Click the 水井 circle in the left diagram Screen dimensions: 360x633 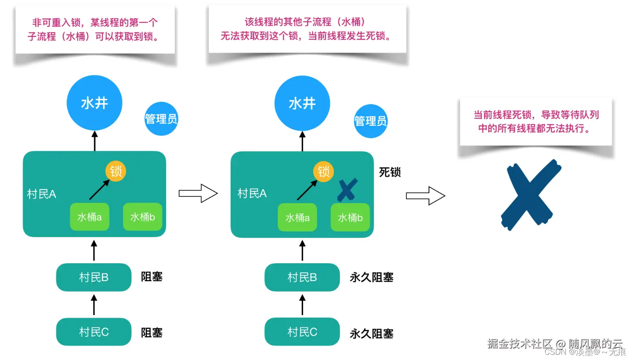click(94, 103)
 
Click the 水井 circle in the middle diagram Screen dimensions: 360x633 click(302, 103)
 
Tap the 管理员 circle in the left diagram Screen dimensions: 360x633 click(161, 119)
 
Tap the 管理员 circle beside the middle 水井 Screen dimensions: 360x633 click(371, 121)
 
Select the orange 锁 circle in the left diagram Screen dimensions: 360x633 click(116, 171)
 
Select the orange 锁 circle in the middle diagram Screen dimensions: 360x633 click(323, 171)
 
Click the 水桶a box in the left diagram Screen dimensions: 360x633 click(89, 217)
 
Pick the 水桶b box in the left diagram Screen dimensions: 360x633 click(143, 217)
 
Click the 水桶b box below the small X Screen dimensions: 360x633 click(350, 217)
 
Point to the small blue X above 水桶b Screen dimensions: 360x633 click(347, 190)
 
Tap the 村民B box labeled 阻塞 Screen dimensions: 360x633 click(94, 277)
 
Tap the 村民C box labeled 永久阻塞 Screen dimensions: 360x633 click(302, 332)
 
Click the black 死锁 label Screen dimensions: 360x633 click(390, 172)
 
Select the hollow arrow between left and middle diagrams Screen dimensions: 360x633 click(198, 194)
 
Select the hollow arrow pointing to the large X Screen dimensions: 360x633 click(425, 196)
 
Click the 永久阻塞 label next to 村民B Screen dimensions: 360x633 click(371, 277)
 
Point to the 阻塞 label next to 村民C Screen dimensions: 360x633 click(152, 333)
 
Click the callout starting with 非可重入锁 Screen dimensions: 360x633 click(95, 30)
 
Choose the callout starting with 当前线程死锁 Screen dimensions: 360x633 click(536, 121)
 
